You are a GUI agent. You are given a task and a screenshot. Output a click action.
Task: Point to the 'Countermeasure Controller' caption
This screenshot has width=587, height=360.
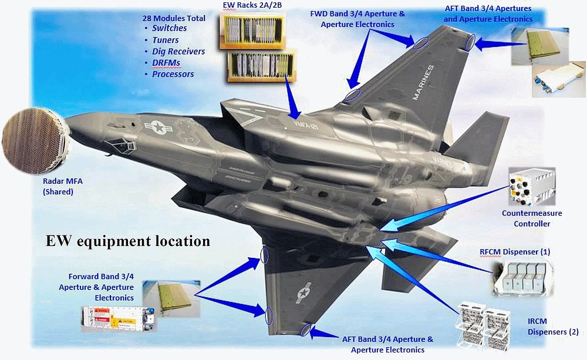(x=532, y=218)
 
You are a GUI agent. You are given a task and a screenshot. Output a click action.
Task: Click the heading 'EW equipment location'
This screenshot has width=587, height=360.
(x=129, y=241)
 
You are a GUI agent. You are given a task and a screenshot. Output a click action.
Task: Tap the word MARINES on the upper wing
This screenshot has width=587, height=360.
(x=423, y=83)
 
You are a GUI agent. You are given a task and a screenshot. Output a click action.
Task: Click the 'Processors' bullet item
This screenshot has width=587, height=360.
(x=173, y=75)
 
